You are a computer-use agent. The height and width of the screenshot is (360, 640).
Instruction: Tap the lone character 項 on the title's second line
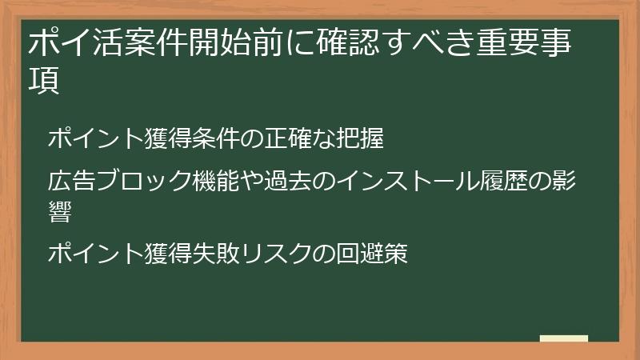45,82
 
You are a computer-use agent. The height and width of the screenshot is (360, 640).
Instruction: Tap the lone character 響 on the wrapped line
59,212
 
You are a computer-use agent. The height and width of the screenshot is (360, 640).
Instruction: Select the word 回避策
374,254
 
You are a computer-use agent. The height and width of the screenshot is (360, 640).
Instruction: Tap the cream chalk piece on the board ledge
564,339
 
